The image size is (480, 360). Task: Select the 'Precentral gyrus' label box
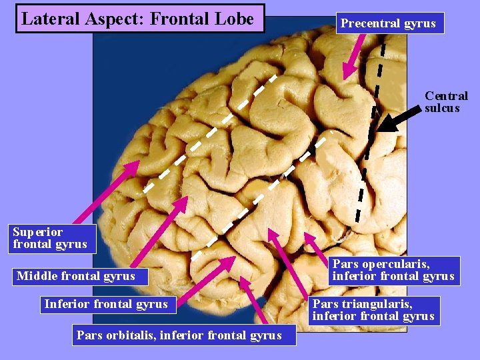click(x=388, y=23)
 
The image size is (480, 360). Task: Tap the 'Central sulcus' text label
click(x=446, y=102)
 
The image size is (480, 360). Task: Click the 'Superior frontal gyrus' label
click(x=49, y=238)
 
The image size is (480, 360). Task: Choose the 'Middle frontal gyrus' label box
click(x=76, y=276)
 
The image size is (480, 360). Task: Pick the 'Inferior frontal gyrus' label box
click(x=106, y=305)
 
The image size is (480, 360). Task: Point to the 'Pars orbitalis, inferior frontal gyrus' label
click(x=179, y=335)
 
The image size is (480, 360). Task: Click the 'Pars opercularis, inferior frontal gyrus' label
click(x=393, y=270)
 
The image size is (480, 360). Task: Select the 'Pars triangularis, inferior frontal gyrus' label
click(x=373, y=311)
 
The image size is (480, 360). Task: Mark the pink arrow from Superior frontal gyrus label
click(x=107, y=193)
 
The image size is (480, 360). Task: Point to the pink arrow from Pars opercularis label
click(x=317, y=245)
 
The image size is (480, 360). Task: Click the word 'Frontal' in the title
click(x=176, y=19)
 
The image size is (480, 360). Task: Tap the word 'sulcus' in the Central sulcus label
click(x=442, y=108)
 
